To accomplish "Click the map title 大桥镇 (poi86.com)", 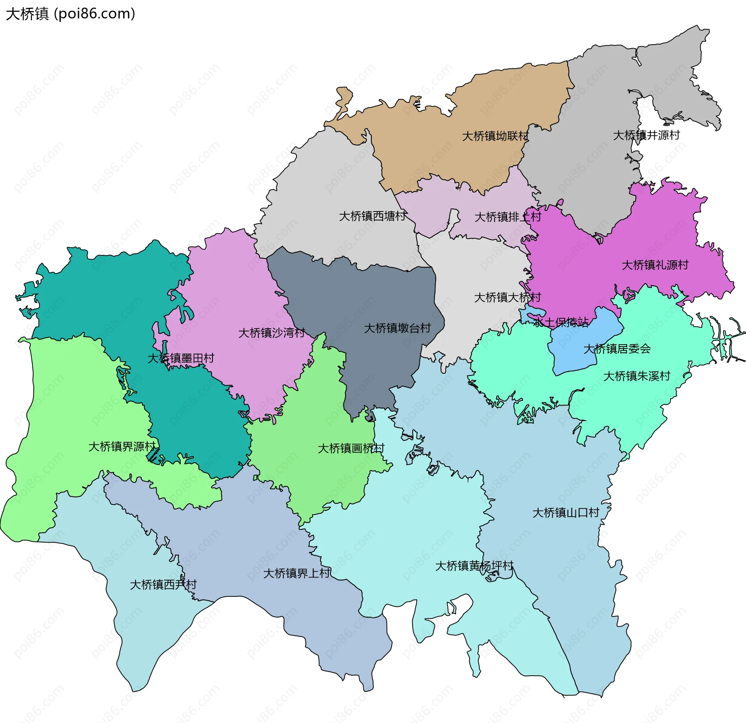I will click(70, 14).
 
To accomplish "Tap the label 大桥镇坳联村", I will click(495, 136).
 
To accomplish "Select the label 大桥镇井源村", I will click(646, 135).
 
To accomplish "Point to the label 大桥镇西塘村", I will click(373, 216).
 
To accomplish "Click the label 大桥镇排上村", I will click(507, 217).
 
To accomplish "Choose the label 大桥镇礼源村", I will click(655, 265).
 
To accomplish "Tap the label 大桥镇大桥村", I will click(507, 298).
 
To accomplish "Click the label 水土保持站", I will click(561, 322).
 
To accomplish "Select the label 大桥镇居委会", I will click(617, 349).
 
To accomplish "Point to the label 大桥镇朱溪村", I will click(636, 376).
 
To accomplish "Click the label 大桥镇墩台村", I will click(397, 328).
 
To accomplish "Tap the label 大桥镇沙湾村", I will click(271, 333).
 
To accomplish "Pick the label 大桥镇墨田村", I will click(181, 358).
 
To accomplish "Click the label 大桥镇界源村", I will click(122, 447).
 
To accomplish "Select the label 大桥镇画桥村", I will click(351, 449).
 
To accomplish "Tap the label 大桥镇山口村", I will click(565, 513).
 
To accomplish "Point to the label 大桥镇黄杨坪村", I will click(474, 566).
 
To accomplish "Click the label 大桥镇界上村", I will click(296, 573).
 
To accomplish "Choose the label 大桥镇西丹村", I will click(163, 584).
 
